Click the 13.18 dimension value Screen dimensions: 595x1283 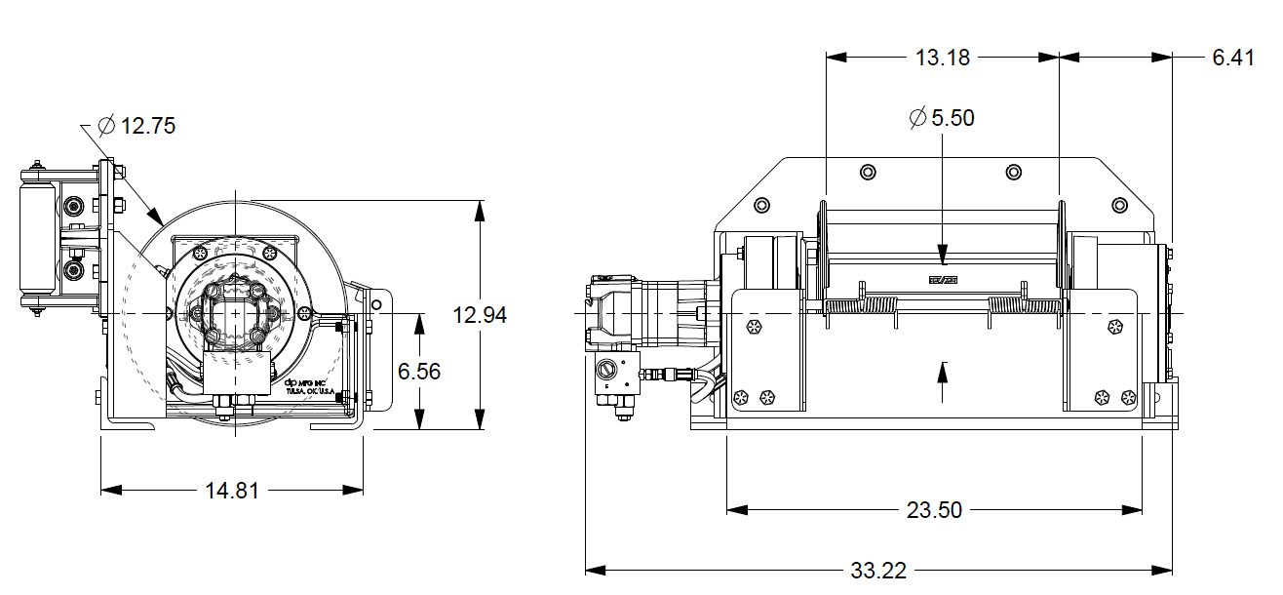pos(943,58)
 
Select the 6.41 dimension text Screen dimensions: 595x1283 pos(1232,58)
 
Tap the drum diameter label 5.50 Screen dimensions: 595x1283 pos(953,118)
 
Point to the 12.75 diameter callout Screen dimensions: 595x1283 pos(148,126)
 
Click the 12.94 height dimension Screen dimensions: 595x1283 pos(480,315)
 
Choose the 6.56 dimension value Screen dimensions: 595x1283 pos(420,371)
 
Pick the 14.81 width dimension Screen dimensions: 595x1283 pos(232,491)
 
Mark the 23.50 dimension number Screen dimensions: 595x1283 pos(934,510)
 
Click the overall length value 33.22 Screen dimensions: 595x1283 pos(878,571)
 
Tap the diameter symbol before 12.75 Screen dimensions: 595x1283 pos(107,126)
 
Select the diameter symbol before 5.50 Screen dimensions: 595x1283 pos(917,118)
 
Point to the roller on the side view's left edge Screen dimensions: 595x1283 pos(35,240)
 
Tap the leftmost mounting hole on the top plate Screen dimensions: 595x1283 pos(761,206)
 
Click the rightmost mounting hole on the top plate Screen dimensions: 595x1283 pos(1120,206)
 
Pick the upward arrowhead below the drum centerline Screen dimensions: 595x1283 pos(943,369)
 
